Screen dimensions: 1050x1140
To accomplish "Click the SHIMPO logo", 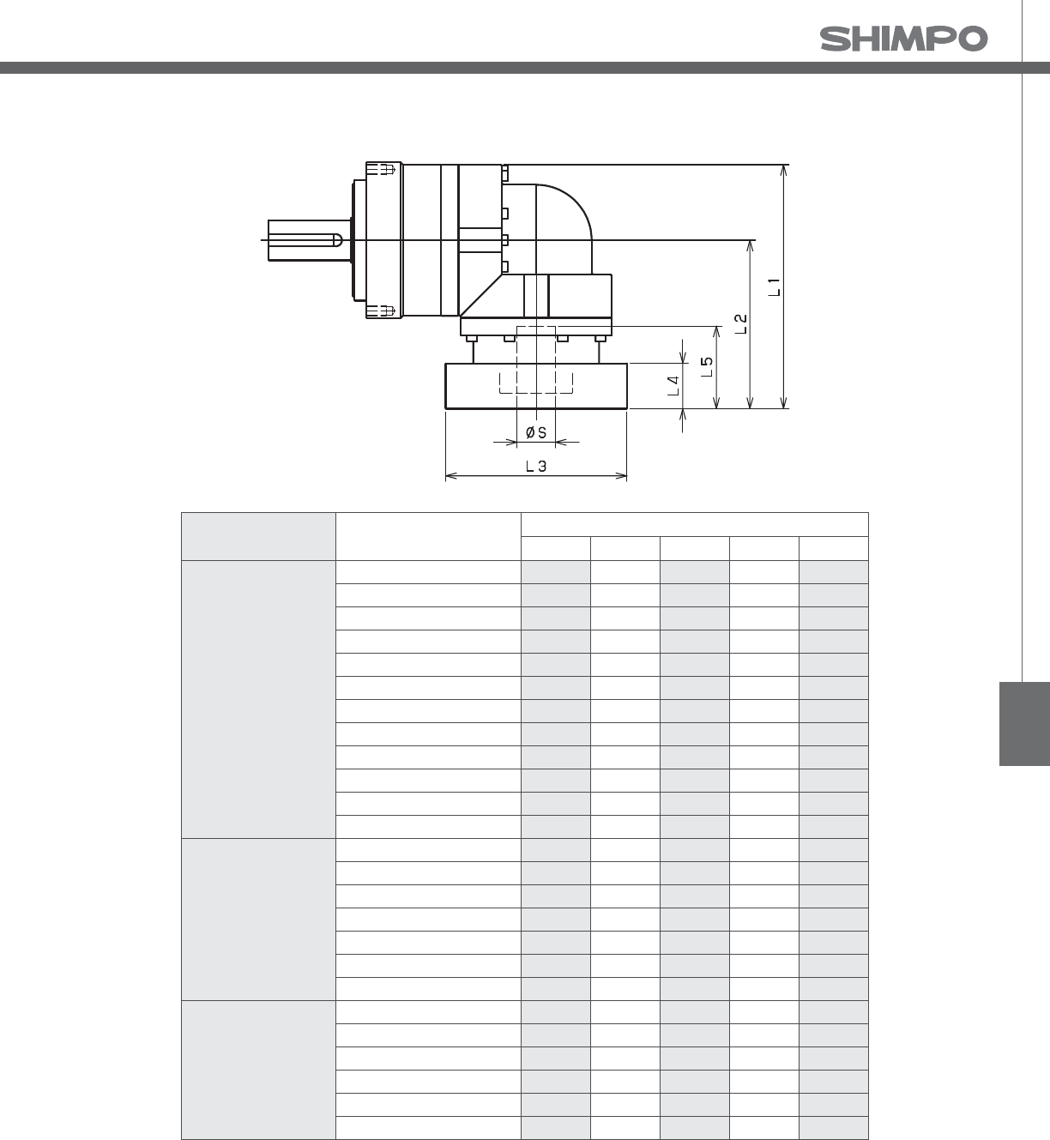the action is coord(903,39).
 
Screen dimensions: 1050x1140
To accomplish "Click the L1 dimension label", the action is coord(775,287).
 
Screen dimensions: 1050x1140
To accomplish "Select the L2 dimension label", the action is coord(740,324).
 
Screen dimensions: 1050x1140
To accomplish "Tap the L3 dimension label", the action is coord(535,467).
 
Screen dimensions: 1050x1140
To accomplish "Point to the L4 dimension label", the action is coord(673,385).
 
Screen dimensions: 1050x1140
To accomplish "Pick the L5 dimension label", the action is coord(707,366).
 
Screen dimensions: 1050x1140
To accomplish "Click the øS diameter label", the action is coord(535,432).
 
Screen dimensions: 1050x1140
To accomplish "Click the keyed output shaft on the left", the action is coord(308,240).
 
